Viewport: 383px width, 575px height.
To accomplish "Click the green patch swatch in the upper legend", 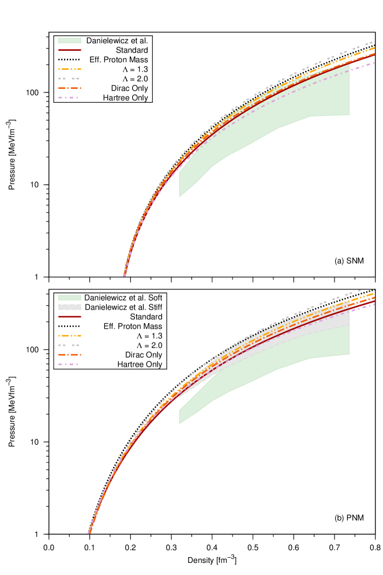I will pos(70,40).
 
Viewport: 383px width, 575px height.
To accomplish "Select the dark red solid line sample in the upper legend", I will pos(70,50).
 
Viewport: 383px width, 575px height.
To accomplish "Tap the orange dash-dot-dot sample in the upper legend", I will pos(70,69).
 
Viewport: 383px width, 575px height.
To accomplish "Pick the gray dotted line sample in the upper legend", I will pos(69,78).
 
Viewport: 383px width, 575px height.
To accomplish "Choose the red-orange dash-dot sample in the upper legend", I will pos(70,88).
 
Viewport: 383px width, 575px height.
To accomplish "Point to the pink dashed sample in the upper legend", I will pos(68,97).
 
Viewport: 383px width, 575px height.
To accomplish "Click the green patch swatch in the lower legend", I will pos(70,298).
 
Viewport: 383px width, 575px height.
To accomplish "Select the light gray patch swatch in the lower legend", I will pos(70,307).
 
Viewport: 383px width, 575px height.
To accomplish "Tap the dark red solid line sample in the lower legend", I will pos(70,317).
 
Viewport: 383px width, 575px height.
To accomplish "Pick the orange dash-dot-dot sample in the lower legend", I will pos(70,336).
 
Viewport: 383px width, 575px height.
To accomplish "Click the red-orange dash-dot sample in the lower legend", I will pos(70,355).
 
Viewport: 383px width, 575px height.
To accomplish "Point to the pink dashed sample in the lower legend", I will pos(68,364).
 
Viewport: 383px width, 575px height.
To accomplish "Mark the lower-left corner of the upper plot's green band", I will pos(179,197).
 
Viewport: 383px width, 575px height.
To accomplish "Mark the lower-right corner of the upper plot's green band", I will pos(349,115).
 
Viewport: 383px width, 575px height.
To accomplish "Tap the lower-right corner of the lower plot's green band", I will pos(349,354).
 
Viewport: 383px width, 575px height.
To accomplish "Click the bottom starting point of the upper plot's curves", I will pos(124,276).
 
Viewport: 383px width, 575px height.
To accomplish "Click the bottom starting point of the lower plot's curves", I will pos(89,533).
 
